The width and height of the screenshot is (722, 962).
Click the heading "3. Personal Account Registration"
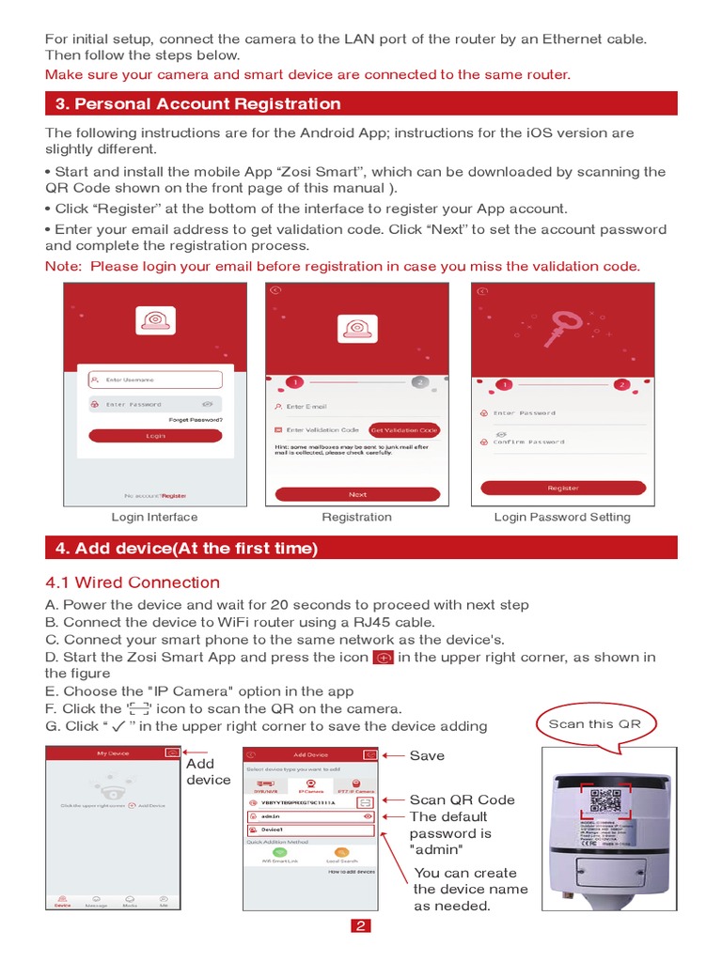[194, 103]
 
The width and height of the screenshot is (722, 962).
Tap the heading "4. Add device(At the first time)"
[182, 548]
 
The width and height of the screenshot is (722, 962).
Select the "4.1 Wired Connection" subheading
[133, 582]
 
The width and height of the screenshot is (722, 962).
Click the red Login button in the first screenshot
[155, 436]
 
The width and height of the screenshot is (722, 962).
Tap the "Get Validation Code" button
[404, 429]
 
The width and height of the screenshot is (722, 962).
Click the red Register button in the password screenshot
[563, 488]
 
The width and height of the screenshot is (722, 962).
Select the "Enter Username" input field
[155, 380]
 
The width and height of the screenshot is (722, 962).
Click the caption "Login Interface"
[154, 517]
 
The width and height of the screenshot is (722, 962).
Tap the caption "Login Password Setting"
[562, 517]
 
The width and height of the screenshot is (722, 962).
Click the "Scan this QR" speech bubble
[594, 724]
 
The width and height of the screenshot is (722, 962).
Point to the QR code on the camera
[605, 801]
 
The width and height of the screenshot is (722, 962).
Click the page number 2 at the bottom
[361, 926]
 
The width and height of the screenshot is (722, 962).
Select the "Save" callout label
[427, 755]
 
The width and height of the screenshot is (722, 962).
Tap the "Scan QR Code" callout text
[462, 799]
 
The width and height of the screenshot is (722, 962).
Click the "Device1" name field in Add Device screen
[309, 830]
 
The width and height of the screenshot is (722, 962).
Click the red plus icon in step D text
[383, 658]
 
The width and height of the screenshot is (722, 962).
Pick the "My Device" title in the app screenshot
[115, 753]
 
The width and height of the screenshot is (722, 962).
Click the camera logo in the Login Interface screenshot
[154, 320]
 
